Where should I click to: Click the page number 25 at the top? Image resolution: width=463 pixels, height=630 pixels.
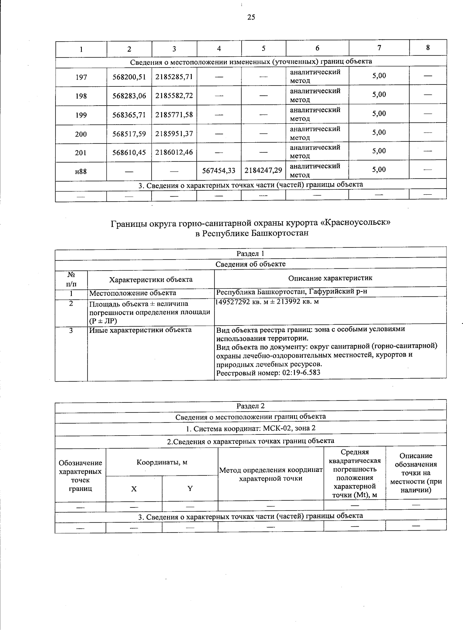pyautogui.click(x=251, y=17)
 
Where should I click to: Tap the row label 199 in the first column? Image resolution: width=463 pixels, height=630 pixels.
pyautogui.click(x=81, y=115)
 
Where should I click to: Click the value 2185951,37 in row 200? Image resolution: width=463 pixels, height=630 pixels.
pyautogui.click(x=174, y=134)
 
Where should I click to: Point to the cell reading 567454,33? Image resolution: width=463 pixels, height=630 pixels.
pyautogui.click(x=219, y=170)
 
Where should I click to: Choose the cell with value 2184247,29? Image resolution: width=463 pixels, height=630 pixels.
pyautogui.click(x=264, y=170)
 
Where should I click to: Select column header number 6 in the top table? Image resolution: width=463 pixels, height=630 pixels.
pyautogui.click(x=317, y=48)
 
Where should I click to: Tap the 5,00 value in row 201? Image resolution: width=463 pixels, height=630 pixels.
pyautogui.click(x=379, y=151)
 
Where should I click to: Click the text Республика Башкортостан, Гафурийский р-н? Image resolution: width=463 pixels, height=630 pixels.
pyautogui.click(x=291, y=291)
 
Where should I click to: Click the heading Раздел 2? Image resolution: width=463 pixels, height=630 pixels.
pyautogui.click(x=250, y=406)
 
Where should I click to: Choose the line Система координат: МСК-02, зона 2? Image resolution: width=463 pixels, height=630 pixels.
pyautogui.click(x=250, y=429)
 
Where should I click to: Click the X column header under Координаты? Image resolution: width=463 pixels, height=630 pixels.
pyautogui.click(x=133, y=489)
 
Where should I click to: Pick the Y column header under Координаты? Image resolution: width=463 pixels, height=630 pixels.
pyautogui.click(x=190, y=489)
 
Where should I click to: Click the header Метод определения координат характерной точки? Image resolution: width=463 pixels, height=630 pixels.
pyautogui.click(x=270, y=474)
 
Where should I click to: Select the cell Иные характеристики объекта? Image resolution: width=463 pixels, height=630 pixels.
pyautogui.click(x=140, y=330)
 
